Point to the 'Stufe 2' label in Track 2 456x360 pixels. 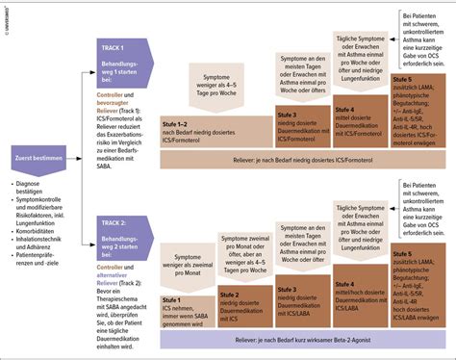231,296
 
